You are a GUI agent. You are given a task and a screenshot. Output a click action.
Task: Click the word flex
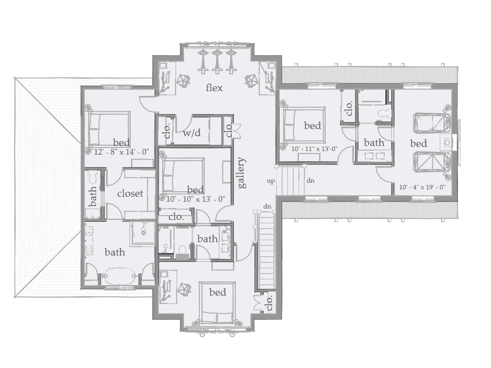tap(214, 88)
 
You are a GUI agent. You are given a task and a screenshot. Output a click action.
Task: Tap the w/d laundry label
tap(192, 132)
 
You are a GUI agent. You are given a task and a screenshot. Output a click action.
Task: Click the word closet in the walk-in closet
tap(130, 193)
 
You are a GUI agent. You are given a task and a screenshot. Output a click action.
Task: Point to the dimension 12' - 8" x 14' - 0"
tap(121, 152)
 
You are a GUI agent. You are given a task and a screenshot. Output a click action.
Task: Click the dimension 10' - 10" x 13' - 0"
tap(196, 199)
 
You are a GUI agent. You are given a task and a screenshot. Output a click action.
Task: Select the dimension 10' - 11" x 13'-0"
tap(315, 149)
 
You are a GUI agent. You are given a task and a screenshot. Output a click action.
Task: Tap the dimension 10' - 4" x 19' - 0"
tap(422, 188)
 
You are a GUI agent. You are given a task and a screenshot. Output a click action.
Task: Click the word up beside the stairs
tap(270, 181)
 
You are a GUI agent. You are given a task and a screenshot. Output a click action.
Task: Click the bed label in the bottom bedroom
tap(217, 292)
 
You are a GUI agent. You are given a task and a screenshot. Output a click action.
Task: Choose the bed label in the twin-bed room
tap(418, 143)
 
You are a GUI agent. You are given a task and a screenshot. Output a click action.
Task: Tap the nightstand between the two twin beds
tap(447, 143)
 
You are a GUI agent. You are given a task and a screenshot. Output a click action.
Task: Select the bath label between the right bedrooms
tap(374, 143)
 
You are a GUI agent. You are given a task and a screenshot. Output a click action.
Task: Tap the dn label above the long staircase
tap(267, 206)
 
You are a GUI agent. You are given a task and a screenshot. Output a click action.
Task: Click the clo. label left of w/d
tap(167, 131)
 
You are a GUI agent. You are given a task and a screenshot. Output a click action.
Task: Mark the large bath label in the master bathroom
tap(115, 252)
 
